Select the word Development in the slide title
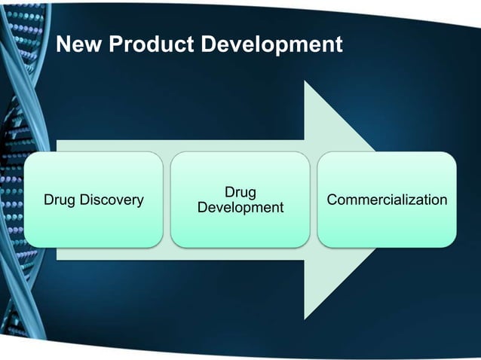pos(271,45)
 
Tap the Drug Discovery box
pos(93,200)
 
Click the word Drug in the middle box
pos(240,193)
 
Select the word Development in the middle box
pos(240,207)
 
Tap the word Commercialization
pos(387,200)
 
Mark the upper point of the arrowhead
pos(305,82)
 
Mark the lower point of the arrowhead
pos(305,318)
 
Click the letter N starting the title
pos(64,45)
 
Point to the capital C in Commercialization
pos(332,200)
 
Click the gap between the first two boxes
pos(167,200)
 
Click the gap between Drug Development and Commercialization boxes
pos(313,200)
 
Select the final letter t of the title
pos(339,45)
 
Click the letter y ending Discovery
pos(140,201)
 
